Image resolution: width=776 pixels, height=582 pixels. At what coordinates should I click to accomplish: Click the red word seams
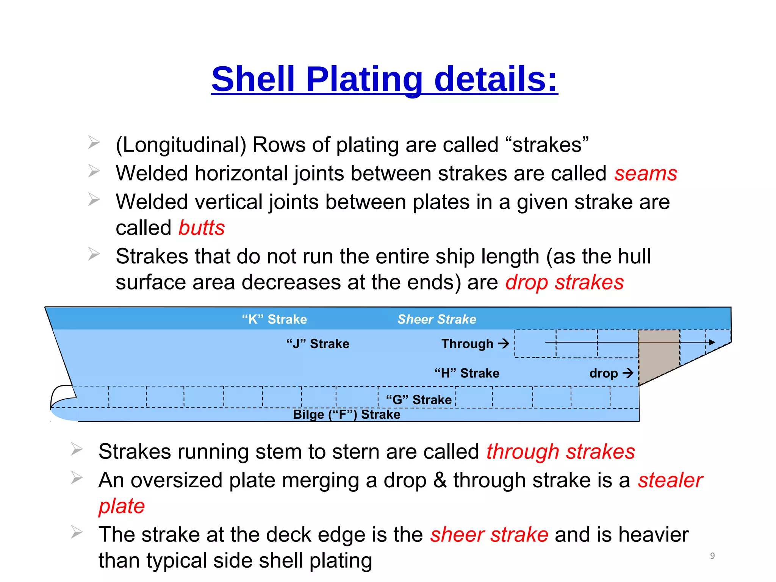(646, 174)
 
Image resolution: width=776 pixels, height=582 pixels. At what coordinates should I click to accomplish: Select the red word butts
(202, 228)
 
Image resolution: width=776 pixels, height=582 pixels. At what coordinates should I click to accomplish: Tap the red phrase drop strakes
(565, 282)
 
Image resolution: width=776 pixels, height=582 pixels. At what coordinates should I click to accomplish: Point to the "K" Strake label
(274, 319)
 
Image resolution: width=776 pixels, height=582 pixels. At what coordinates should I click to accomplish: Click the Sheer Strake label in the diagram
(436, 319)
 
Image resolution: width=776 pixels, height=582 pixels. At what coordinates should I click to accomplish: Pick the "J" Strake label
(318, 344)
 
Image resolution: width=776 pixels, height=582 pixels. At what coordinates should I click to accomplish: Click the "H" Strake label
(466, 373)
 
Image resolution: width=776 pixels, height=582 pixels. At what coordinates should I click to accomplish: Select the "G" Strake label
(418, 400)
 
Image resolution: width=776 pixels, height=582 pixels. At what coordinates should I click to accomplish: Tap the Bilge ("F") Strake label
(346, 415)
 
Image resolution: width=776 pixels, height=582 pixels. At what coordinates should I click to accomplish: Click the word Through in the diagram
(467, 344)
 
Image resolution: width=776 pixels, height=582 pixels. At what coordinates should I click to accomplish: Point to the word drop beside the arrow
(603, 373)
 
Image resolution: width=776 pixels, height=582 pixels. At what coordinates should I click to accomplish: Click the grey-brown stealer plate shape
(657, 352)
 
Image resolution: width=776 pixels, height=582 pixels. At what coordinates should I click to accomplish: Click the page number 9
(712, 555)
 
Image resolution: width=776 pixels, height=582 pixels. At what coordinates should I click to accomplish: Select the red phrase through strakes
(560, 452)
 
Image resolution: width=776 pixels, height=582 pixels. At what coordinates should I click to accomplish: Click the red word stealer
(670, 480)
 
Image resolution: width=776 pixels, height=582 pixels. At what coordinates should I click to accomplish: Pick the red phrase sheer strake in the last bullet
(489, 535)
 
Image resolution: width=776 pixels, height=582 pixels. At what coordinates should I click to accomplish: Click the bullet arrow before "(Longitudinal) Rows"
(94, 143)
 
